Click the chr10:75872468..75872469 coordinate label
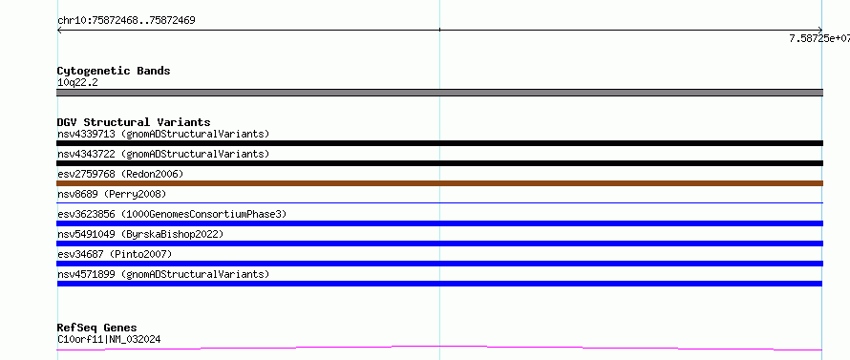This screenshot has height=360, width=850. coord(126,21)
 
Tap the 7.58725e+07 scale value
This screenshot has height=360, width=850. coord(819,38)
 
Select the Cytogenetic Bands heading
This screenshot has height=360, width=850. coord(114,71)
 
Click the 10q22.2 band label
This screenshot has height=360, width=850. coord(77,83)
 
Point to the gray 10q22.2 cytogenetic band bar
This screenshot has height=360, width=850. coord(439,93)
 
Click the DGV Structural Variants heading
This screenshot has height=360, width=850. coord(134,122)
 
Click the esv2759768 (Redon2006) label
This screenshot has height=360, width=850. coord(120,174)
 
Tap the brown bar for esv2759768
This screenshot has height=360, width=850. coord(439,183)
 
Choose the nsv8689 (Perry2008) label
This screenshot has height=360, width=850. coord(112,194)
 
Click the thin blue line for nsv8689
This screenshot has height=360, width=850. coord(439,202)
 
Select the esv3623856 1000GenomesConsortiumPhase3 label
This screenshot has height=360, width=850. coord(172,214)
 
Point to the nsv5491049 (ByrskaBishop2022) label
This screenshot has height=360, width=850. coord(140,234)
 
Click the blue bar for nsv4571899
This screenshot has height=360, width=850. coord(439,284)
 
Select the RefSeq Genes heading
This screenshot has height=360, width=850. coord(97,328)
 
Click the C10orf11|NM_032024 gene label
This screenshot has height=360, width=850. coord(109,340)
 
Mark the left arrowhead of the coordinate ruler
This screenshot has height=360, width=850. coord(57,30)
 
